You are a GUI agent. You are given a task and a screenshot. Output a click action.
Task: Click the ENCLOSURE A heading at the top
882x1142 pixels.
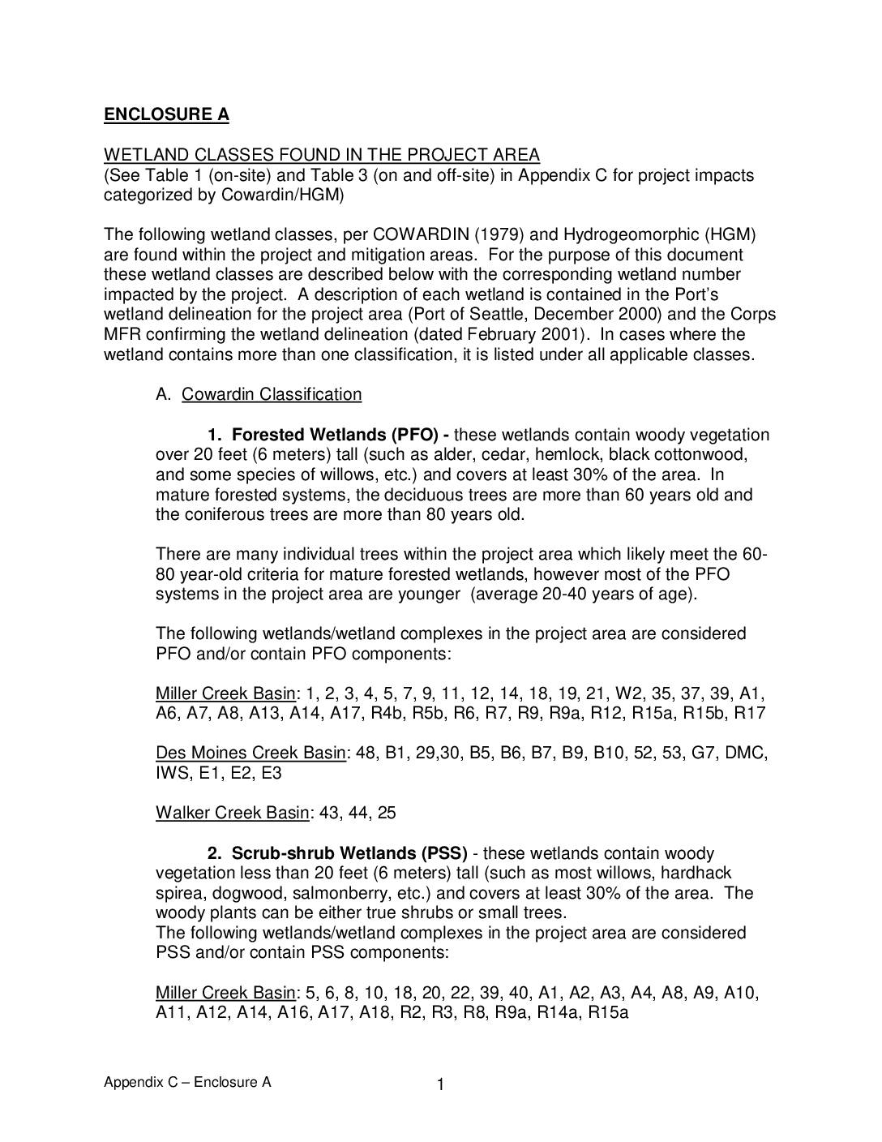tap(166, 114)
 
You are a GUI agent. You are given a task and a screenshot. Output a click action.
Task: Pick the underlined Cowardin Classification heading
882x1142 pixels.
tap(272, 395)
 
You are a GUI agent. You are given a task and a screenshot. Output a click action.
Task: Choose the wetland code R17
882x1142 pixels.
tap(751, 714)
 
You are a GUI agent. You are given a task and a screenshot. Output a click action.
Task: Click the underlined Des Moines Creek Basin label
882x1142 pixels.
tap(250, 753)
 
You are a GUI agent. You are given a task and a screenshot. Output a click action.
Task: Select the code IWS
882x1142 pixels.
tap(172, 774)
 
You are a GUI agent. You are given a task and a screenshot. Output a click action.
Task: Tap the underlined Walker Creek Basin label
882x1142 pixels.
tap(233, 814)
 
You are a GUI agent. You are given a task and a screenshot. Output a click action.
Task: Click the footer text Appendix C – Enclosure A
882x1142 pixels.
tap(187, 1083)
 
